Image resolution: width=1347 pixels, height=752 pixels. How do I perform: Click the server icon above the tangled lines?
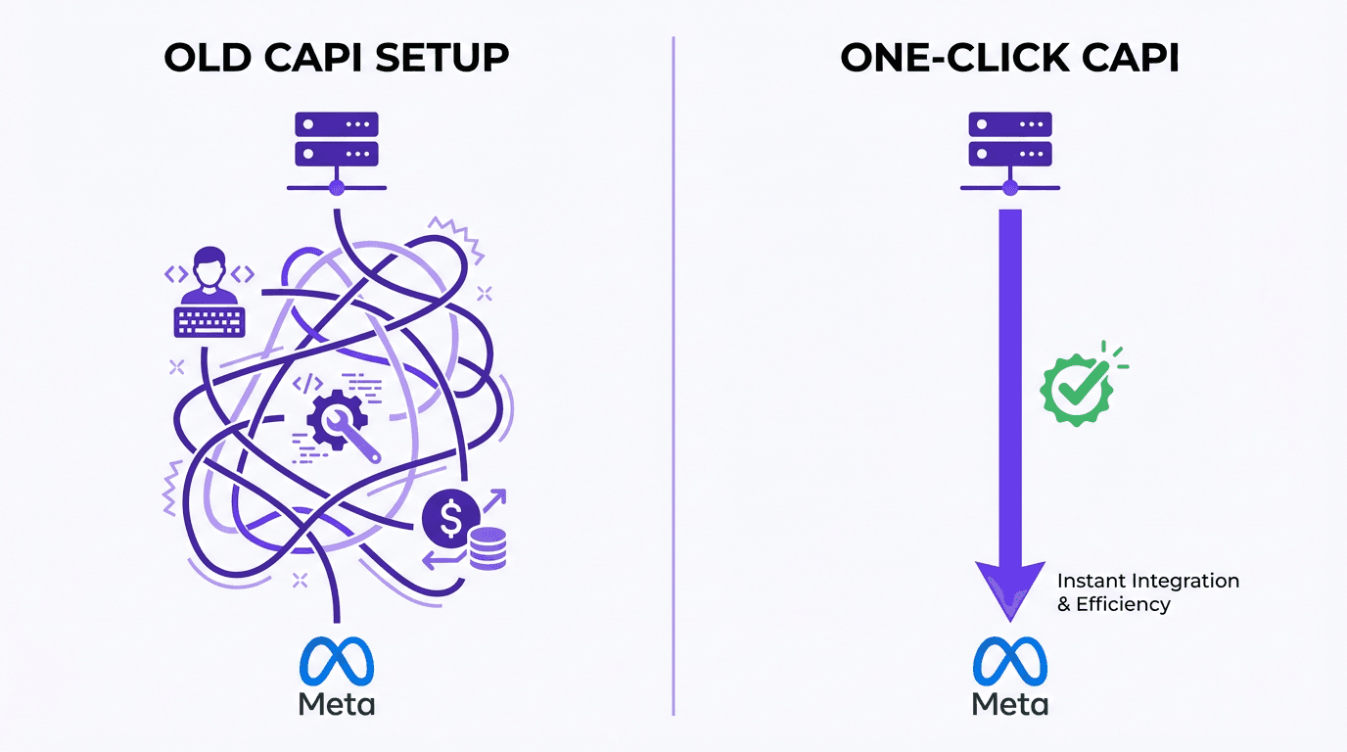337,140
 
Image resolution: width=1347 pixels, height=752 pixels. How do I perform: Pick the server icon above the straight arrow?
1010,140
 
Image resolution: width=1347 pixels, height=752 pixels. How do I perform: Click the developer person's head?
209,263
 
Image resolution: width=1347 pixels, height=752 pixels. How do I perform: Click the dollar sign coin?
450,519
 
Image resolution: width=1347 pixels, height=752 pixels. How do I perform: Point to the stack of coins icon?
488,548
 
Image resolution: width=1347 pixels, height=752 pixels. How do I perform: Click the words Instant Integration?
1148,581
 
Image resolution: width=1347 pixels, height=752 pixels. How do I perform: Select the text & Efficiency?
1113,604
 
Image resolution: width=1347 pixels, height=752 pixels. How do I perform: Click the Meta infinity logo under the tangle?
337,661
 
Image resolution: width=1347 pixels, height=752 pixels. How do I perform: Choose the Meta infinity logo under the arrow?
1010,661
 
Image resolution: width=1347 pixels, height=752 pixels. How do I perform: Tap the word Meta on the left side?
337,703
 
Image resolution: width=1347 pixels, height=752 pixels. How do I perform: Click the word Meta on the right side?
1010,703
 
